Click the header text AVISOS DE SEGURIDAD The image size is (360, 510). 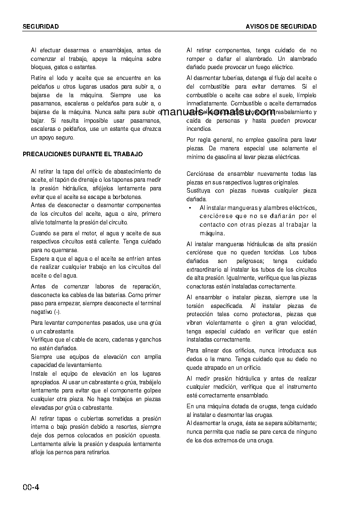pos(281,27)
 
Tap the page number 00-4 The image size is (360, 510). pos(32,488)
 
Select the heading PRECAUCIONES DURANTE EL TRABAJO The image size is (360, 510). pos(83,154)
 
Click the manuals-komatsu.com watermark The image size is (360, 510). pos(218,112)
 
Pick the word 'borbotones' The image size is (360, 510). pos(128,197)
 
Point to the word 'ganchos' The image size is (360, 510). pos(150,340)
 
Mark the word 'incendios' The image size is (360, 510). pos(199,129)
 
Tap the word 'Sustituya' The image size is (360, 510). pos(198,191)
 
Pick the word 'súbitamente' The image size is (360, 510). pos(300,423)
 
